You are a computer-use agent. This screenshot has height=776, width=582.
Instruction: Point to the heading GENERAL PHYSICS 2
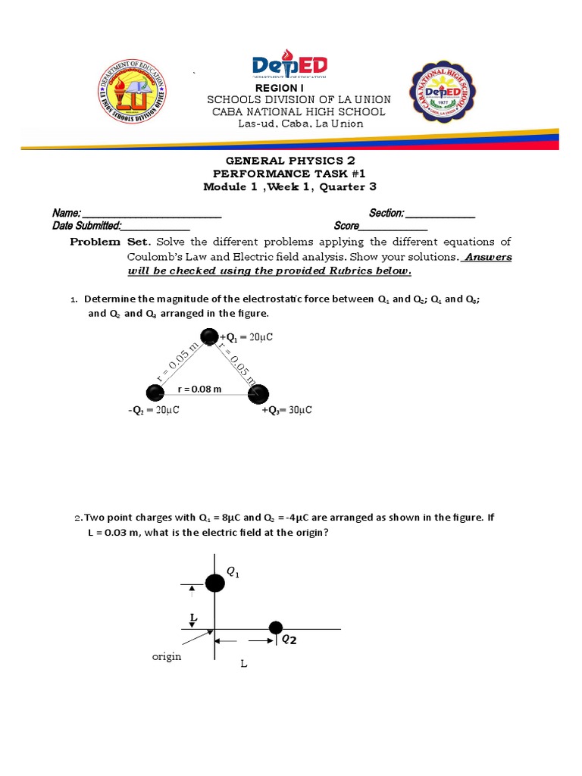[x=290, y=161]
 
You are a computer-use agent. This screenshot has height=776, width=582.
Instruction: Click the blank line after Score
[x=393, y=226]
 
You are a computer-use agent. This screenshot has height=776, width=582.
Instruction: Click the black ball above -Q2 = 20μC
[x=155, y=393]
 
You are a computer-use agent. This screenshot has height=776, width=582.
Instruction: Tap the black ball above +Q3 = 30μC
[x=259, y=393]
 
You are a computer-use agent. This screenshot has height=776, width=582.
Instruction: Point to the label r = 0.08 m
[x=199, y=390]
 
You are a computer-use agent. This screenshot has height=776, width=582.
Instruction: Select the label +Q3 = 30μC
[x=287, y=410]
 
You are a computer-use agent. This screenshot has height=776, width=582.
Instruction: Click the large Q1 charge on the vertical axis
[x=215, y=583]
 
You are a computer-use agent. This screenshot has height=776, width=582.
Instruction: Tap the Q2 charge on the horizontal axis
[x=276, y=627]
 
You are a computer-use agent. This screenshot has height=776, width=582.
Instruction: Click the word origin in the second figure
[x=167, y=656]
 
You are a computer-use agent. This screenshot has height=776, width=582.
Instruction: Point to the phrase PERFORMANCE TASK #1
[x=290, y=174]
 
